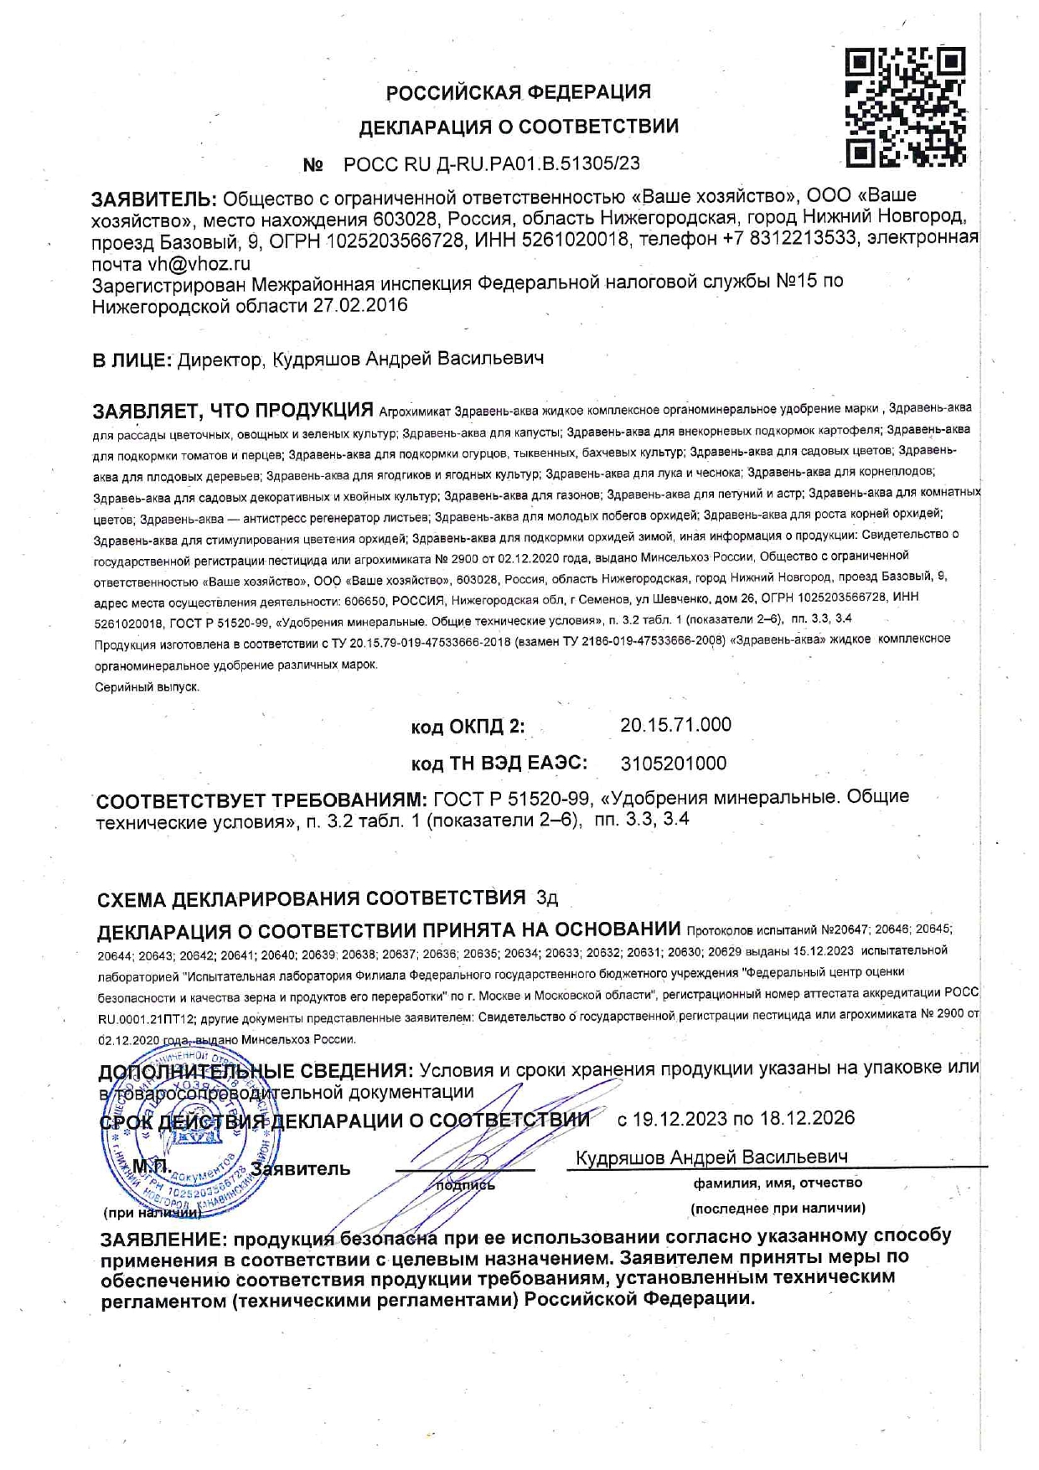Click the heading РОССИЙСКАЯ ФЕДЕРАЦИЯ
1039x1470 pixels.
(518, 91)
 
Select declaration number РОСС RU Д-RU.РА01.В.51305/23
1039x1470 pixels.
(492, 164)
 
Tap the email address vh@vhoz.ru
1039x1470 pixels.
(199, 264)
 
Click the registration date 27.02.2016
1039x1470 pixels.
(360, 305)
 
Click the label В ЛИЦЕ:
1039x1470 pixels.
(132, 360)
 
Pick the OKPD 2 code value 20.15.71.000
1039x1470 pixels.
(675, 725)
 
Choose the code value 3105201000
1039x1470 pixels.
(673, 763)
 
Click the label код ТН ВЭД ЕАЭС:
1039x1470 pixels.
(499, 763)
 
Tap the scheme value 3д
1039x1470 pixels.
(546, 899)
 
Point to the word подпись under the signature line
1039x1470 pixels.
(466, 1185)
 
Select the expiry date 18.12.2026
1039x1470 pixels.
(807, 1118)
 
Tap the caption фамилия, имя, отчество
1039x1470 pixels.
(777, 1183)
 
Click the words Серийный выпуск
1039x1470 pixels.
(147, 687)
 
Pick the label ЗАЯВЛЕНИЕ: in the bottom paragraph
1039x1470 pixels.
(163, 1240)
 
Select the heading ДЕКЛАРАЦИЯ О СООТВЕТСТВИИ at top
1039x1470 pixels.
(519, 127)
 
